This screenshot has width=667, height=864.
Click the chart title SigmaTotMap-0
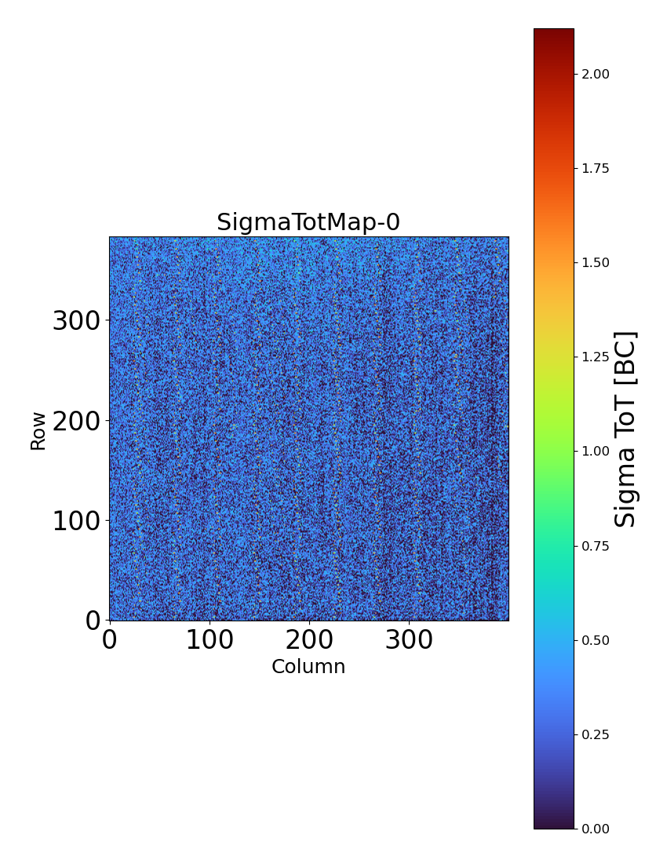tap(308, 222)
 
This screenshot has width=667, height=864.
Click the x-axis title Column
tap(308, 667)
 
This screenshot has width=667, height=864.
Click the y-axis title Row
tap(38, 430)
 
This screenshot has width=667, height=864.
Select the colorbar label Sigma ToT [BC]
tap(625, 429)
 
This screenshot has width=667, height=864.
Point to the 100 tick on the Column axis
tap(210, 640)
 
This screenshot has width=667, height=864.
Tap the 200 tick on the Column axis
tap(309, 640)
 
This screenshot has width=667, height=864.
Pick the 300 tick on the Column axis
tap(409, 640)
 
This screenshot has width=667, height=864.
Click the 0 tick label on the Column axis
tap(110, 640)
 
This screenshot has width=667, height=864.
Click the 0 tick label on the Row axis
tap(93, 620)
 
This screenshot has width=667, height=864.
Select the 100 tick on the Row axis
tap(78, 521)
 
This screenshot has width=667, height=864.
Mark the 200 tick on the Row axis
tap(78, 421)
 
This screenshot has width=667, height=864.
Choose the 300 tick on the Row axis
tap(78, 321)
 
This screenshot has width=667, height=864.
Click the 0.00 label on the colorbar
tap(596, 829)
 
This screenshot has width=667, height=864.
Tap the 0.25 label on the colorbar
tap(596, 734)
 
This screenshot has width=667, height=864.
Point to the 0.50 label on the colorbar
tap(596, 640)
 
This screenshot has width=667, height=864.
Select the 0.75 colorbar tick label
tap(596, 546)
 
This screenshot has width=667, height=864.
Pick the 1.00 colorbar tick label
tap(596, 451)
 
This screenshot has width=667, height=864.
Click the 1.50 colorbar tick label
tap(596, 262)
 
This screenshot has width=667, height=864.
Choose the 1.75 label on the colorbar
tap(596, 168)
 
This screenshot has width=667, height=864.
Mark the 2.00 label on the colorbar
tap(596, 74)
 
